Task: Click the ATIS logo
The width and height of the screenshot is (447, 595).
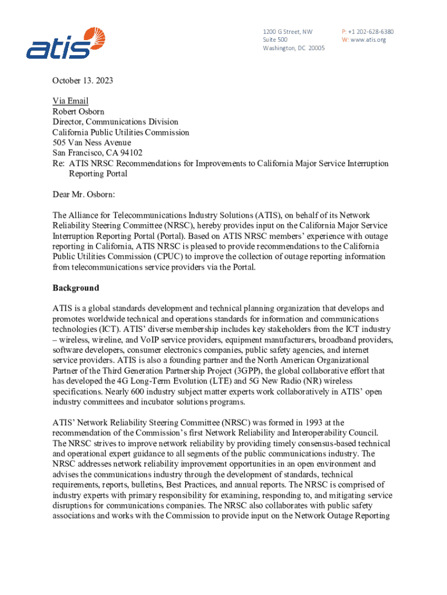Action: click(x=65, y=43)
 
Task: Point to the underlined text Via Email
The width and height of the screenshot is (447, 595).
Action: click(x=70, y=101)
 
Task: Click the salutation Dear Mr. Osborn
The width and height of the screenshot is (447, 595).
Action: click(x=86, y=194)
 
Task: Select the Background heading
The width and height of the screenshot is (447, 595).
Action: click(x=76, y=288)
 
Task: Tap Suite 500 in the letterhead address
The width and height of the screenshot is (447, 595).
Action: click(x=275, y=40)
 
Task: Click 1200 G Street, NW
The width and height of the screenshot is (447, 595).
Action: click(x=287, y=31)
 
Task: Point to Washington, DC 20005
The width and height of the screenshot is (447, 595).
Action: click(x=294, y=48)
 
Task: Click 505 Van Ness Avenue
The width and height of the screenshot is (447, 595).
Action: click(x=92, y=143)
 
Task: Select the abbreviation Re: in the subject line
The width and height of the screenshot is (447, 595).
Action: click(x=59, y=164)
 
